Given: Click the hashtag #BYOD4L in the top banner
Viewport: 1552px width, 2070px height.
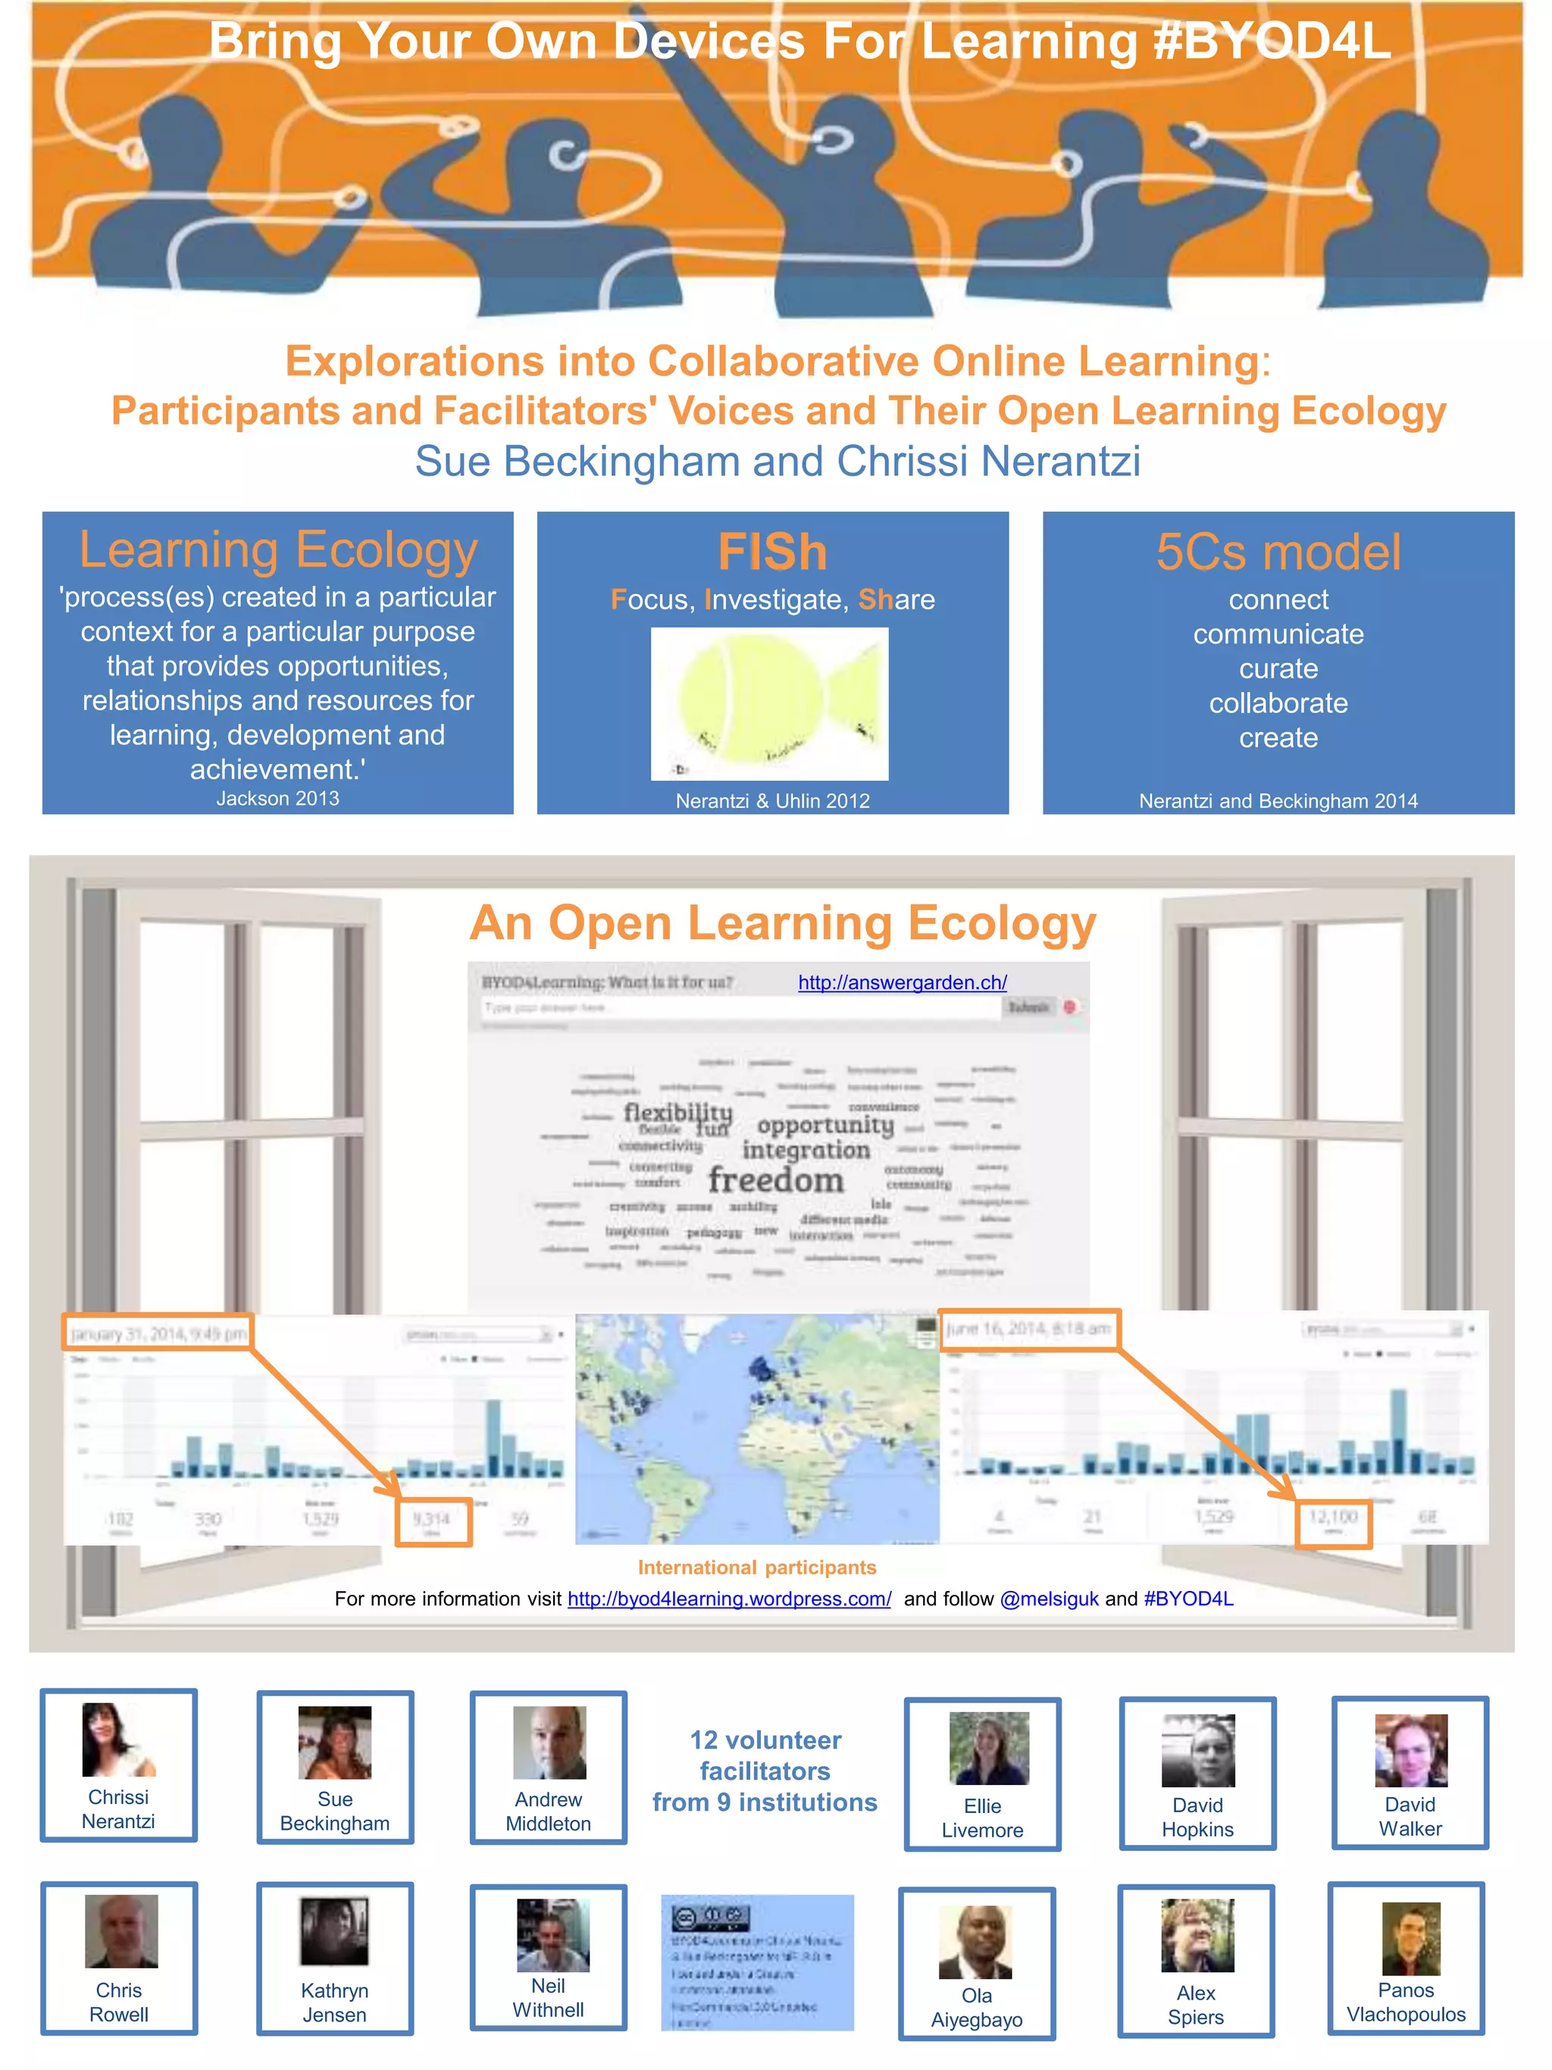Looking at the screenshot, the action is (1272, 42).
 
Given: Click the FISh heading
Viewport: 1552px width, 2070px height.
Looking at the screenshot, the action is (773, 552).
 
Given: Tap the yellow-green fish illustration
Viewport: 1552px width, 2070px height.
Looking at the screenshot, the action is (769, 703).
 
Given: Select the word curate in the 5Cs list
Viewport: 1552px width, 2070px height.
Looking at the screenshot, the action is (1278, 669).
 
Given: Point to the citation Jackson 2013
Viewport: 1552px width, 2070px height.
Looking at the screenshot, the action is (278, 798).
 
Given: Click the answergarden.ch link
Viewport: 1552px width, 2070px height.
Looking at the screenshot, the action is (902, 982).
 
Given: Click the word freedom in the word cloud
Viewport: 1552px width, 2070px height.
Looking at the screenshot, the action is (775, 1180).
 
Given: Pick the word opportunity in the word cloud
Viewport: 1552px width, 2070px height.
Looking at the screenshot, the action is (825, 1124).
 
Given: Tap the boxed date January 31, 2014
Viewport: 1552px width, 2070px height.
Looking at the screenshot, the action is (158, 1333).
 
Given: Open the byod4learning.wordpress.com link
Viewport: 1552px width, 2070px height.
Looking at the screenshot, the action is (729, 1599).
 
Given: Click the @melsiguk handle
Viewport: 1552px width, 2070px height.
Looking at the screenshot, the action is (1049, 1599).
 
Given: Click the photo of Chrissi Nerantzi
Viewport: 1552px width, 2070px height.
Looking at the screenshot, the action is (118, 1740).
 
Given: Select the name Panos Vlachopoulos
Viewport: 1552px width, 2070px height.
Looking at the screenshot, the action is (1405, 2003).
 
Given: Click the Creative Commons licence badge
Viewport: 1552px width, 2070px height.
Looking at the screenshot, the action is (711, 1918).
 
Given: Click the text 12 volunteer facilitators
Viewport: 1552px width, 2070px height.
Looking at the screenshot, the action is (765, 1755).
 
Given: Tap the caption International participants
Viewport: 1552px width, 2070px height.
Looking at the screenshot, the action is (757, 1567).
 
